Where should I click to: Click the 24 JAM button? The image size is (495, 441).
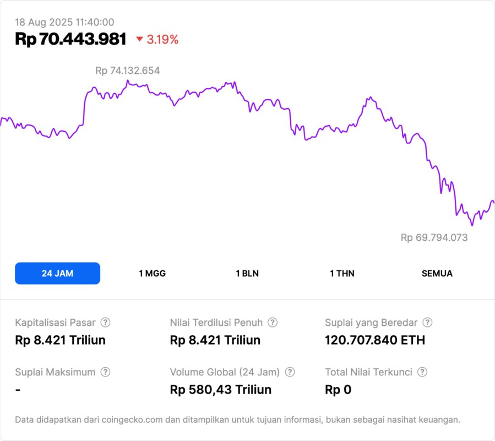tap(57, 273)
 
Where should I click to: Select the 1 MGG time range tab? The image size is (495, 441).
tap(153, 273)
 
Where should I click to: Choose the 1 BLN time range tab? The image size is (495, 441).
tap(247, 273)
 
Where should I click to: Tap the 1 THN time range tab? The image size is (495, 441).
tap(342, 273)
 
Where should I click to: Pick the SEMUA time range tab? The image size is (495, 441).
tap(437, 273)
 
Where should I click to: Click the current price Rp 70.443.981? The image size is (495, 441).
tap(70, 39)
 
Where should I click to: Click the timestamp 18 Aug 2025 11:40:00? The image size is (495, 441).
tap(64, 22)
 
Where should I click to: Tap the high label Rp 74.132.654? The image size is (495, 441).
tap(128, 71)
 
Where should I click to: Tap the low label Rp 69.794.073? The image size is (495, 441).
tap(434, 238)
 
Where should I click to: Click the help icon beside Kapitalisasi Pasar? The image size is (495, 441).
tap(105, 322)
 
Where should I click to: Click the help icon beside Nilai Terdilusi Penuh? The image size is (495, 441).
tap(273, 322)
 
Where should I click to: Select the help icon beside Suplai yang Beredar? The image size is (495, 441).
tap(427, 322)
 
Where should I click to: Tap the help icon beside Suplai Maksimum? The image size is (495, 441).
tap(105, 372)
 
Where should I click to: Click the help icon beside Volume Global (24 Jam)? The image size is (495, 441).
tap(290, 372)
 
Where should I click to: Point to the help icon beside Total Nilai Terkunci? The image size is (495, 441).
tap(422, 372)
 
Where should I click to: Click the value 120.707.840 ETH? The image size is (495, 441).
tap(375, 340)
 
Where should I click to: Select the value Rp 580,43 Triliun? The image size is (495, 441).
tap(221, 390)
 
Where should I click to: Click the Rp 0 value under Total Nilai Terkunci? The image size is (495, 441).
tap(338, 390)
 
